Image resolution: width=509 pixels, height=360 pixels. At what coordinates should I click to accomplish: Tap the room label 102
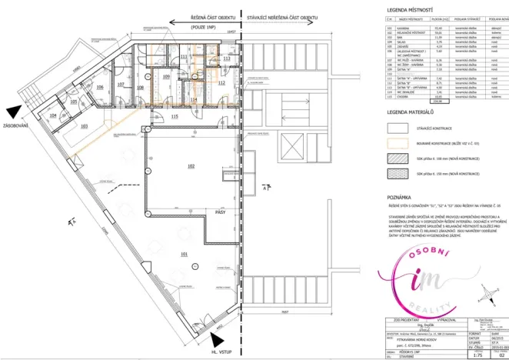[x=189, y=165]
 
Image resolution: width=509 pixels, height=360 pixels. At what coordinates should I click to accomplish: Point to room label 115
[x=175, y=116]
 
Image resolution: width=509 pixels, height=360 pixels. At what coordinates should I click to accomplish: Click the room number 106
[x=100, y=88]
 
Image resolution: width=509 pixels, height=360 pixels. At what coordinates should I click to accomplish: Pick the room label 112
[x=221, y=83]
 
